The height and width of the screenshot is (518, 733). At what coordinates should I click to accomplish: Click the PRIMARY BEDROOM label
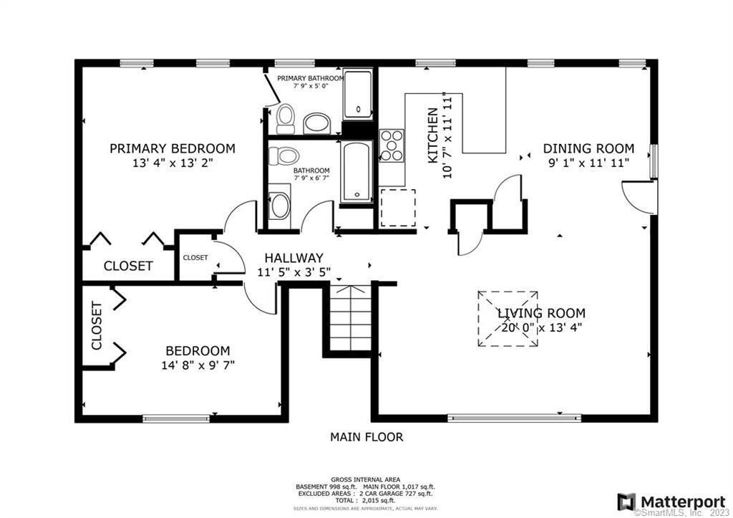pyautogui.click(x=172, y=148)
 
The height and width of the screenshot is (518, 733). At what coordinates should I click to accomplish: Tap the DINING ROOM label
pyautogui.click(x=588, y=148)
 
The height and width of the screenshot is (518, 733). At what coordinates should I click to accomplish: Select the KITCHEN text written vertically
pyautogui.click(x=433, y=136)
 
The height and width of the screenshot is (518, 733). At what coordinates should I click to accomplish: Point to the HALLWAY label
pyautogui.click(x=293, y=258)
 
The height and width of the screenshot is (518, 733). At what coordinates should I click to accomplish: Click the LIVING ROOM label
pyautogui.click(x=541, y=313)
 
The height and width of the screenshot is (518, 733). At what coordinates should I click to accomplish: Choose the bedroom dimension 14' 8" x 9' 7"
pyautogui.click(x=198, y=365)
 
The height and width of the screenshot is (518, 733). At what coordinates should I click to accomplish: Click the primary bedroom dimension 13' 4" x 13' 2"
pyautogui.click(x=172, y=163)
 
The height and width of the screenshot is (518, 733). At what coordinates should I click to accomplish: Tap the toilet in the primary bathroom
pyautogui.click(x=286, y=118)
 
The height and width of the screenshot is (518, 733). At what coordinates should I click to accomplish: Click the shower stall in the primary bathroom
pyautogui.click(x=357, y=95)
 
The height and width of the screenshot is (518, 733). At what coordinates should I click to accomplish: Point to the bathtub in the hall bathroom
pyautogui.click(x=356, y=173)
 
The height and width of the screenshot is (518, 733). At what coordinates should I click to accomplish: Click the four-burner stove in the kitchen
pyautogui.click(x=392, y=145)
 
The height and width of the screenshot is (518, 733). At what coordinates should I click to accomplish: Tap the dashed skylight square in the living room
pyautogui.click(x=508, y=319)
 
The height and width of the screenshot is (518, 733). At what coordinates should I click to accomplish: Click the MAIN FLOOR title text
pyautogui.click(x=366, y=436)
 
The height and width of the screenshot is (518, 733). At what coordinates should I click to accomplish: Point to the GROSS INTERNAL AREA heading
pyautogui.click(x=365, y=479)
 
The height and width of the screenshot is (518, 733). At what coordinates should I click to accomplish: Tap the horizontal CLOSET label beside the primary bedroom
pyautogui.click(x=128, y=266)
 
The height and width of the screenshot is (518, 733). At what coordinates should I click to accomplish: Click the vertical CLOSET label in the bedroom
pyautogui.click(x=97, y=325)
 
